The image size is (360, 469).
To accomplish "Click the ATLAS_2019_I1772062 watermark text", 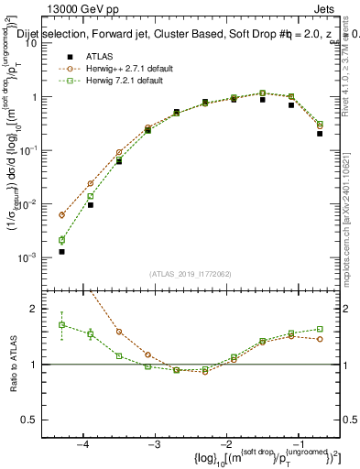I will (191, 274).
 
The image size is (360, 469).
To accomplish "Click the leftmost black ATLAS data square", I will (62, 251).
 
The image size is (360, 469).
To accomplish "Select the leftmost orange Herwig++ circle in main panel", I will (62, 214).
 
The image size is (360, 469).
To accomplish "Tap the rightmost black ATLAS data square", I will (320, 133).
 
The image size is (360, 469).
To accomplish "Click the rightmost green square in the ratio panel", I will (320, 329).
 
